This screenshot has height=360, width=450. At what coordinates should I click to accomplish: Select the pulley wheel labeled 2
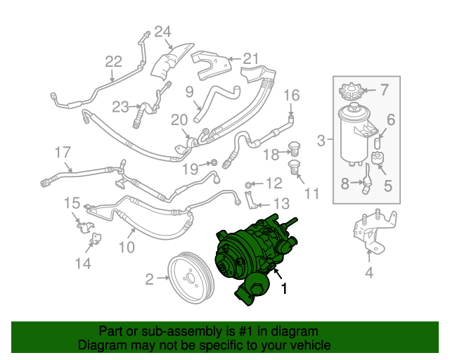coord(191,277)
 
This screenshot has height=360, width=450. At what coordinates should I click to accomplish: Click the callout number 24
coord(162,32)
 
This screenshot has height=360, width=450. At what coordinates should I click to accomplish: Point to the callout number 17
coord(63,152)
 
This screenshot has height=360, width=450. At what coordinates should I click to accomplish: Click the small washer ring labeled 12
coord(248,184)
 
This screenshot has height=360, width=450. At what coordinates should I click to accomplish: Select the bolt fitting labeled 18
coord(294,148)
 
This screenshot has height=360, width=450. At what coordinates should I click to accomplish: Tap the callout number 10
coord(127,247)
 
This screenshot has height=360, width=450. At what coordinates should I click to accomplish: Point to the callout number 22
coord(114,61)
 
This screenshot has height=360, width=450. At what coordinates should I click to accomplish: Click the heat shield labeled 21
coord(212,65)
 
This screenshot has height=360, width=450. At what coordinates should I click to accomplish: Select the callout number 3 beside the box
coord(321,141)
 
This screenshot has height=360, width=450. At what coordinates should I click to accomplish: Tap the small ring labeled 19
coord(214,162)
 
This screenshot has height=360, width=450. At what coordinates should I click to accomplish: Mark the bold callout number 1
coord(284,288)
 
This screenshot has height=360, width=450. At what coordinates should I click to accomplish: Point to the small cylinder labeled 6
coord(378,143)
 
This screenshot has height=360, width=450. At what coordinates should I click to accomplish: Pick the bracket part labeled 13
coord(250,200)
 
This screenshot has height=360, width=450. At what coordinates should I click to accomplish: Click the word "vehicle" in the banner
coord(311,345)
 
